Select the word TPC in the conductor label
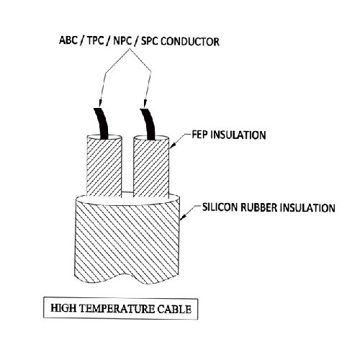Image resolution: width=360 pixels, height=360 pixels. (95, 40)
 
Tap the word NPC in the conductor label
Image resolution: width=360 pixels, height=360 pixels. (122, 41)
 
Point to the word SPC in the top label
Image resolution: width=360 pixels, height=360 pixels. (150, 41)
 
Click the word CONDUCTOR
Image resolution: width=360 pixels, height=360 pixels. (190, 42)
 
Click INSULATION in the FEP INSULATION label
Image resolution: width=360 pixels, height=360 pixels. (238, 135)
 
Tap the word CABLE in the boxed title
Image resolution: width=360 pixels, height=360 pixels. (174, 310)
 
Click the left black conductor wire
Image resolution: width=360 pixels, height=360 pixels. (102, 124)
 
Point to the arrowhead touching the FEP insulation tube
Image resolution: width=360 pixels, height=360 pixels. (173, 144)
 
